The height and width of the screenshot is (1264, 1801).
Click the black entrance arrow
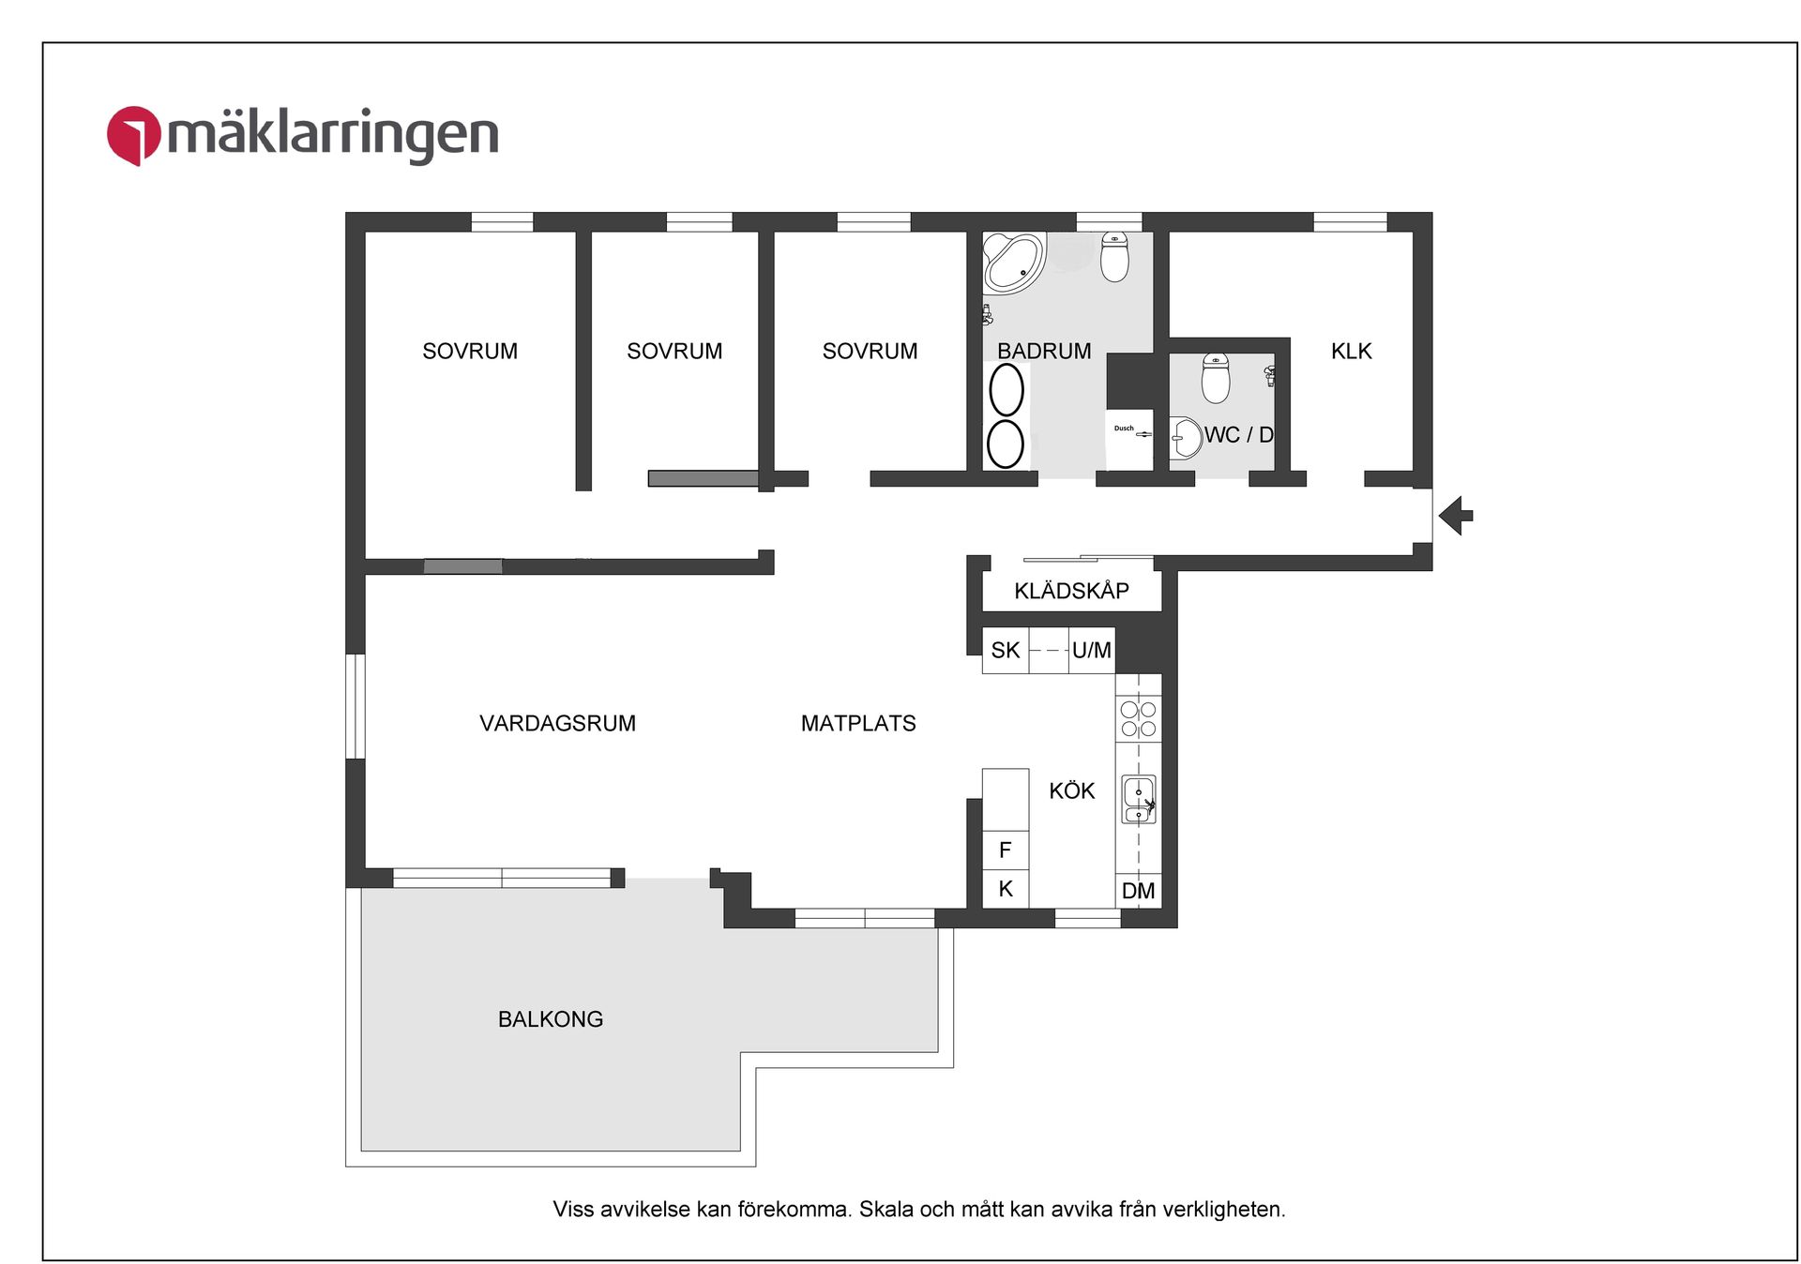(1455, 516)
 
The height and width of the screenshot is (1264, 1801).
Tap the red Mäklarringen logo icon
(133, 135)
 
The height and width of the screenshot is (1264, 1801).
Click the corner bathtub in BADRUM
(1012, 262)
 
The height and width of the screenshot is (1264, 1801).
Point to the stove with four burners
(1138, 719)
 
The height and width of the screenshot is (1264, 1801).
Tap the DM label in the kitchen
(1138, 891)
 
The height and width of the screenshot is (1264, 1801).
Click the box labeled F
(1005, 850)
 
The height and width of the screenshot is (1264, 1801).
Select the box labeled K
(1005, 889)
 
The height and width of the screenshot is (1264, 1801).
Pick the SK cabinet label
(1005, 651)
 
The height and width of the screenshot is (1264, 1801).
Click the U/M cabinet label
(1091, 651)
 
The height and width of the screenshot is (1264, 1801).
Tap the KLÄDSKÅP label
(1071, 591)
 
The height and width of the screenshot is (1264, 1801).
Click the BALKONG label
(551, 1019)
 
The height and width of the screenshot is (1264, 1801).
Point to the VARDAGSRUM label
(557, 723)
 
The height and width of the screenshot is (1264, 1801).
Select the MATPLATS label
(858, 723)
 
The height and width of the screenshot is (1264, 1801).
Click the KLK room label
(1351, 352)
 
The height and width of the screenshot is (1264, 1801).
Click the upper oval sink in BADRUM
(1006, 389)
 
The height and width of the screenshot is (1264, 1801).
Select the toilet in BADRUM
(1114, 257)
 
